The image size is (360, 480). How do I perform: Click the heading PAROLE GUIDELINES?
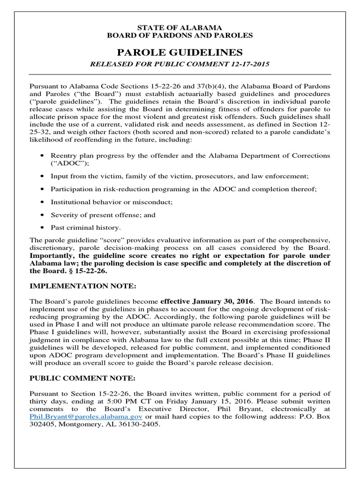pyautogui.click(x=180, y=51)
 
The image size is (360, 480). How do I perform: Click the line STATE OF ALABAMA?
pyautogui.click(x=180, y=28)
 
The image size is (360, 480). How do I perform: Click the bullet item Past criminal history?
pyautogui.click(x=86, y=227)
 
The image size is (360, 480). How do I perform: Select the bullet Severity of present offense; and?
pyautogui.click(x=104, y=215)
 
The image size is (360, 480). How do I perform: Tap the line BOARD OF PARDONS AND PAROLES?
pyautogui.click(x=180, y=35)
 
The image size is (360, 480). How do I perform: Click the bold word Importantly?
pyautogui.click(x=51, y=255)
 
